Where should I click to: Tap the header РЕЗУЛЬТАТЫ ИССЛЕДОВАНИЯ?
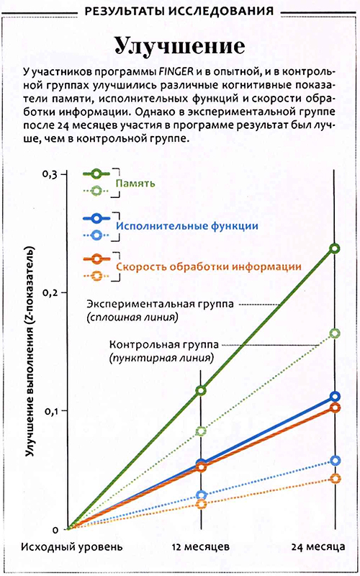[179, 12]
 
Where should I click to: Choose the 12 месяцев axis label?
[201, 546]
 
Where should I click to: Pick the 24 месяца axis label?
[318, 547]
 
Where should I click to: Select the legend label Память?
[131, 184]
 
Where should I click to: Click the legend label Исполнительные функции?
[187, 226]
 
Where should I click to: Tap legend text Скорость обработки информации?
[209, 266]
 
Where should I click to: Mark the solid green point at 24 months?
[334, 248]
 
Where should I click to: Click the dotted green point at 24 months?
[334, 333]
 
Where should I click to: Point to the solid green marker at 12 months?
[201, 390]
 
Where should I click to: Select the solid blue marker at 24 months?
[335, 397]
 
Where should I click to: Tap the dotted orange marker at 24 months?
[335, 479]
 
